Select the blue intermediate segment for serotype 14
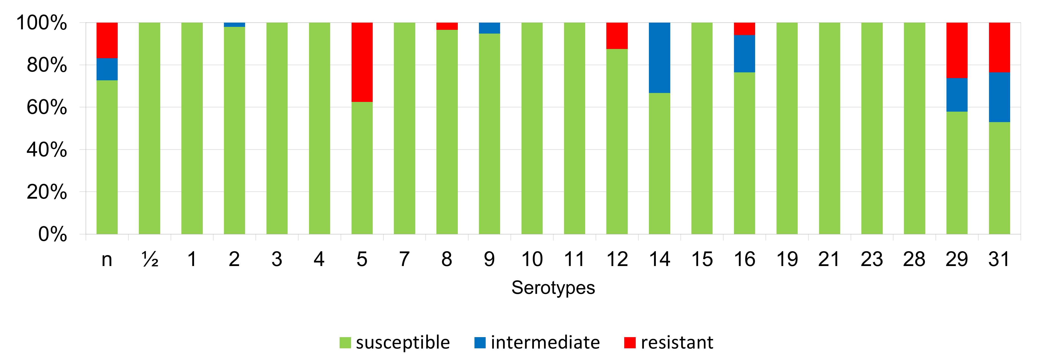pos(659,58)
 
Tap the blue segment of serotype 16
pos(744,54)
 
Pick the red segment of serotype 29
pos(957,50)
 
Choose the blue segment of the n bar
pos(107,69)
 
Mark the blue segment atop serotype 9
pos(489,28)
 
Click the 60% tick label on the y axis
pos(47,107)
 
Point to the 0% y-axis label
pos(52,234)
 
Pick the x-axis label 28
pos(914,259)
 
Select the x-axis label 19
pos(787,259)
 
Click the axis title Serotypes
pos(553,288)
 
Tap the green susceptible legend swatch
pos(345,343)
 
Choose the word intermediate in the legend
pos(545,343)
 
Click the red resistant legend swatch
pos(630,343)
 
